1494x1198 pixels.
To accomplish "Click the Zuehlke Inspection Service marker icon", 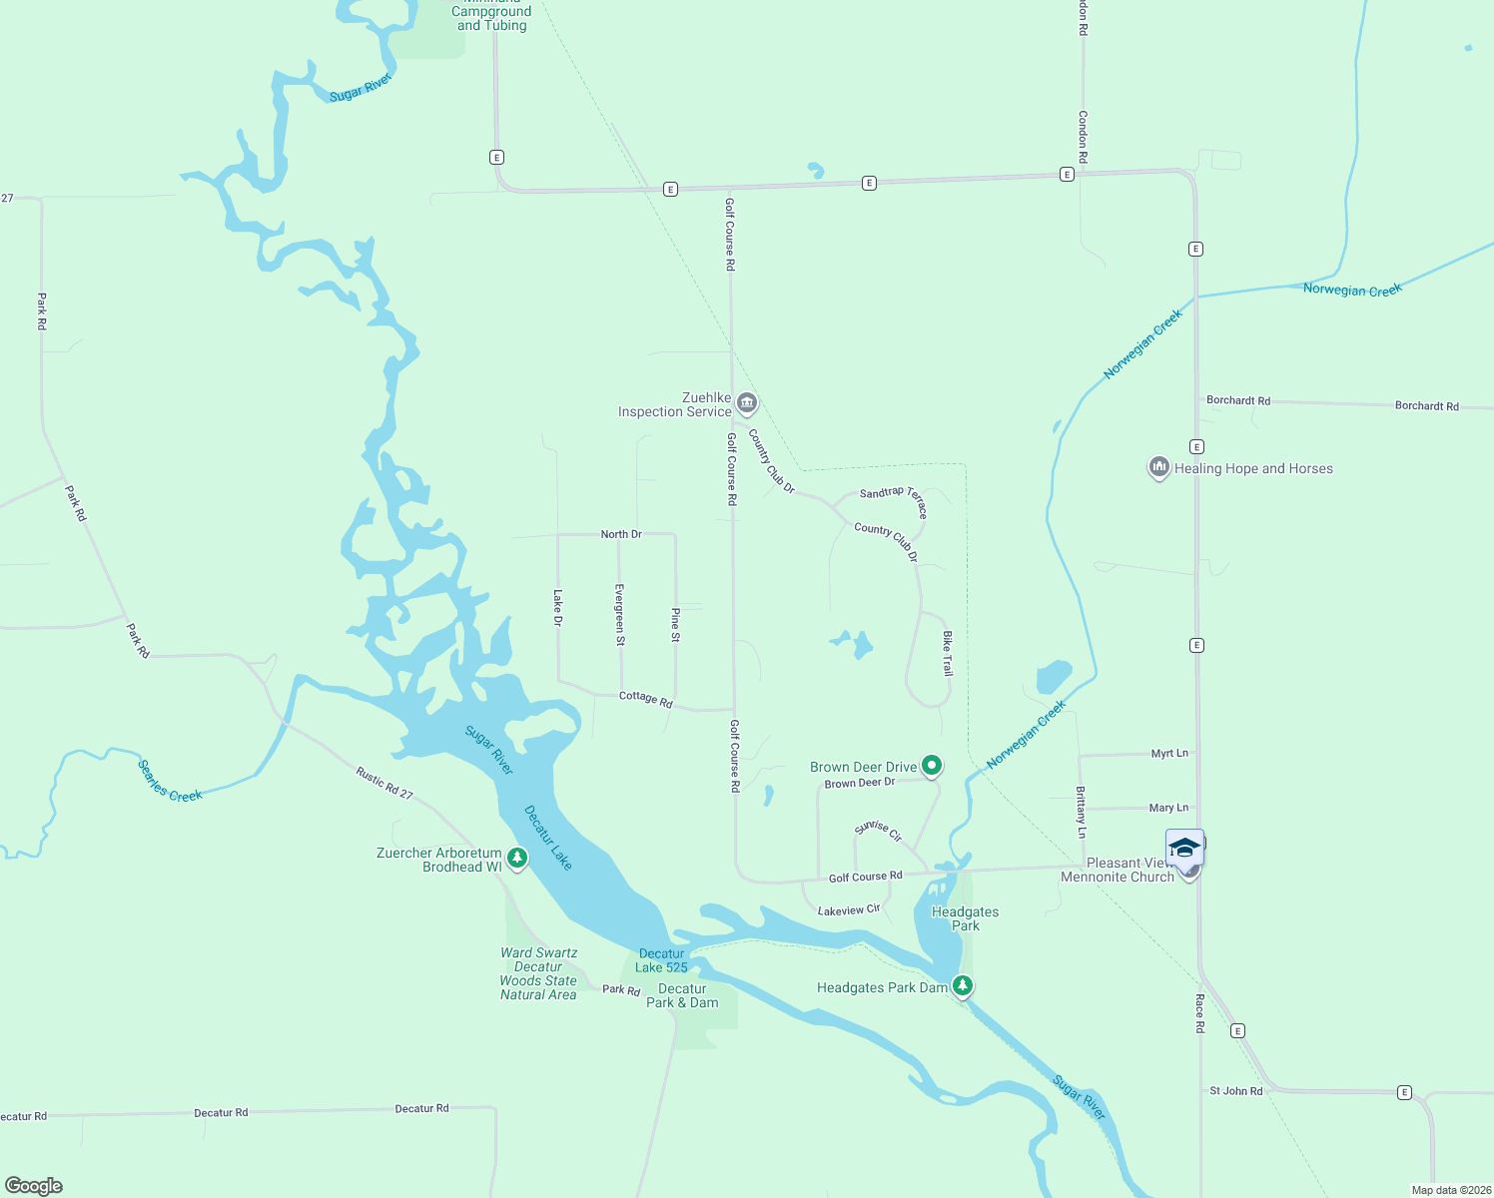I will [747, 403].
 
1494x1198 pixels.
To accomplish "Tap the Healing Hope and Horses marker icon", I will [1158, 467].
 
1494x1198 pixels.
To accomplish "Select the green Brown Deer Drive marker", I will [932, 766].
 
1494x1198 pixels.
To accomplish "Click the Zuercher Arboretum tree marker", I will [517, 858].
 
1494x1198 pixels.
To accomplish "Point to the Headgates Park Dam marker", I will [962, 986].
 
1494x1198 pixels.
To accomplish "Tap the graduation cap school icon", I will [1184, 849].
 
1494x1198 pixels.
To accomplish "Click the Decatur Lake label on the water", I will [548, 838].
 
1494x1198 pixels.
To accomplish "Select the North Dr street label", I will [621, 534].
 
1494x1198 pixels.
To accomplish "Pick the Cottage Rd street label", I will [646, 699].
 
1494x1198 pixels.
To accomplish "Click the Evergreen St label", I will [620, 615].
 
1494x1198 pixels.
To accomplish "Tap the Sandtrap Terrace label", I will [894, 500].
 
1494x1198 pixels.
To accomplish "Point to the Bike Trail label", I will [947, 654].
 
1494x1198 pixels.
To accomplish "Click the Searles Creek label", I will [170, 781].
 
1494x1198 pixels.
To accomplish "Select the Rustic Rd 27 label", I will [384, 783].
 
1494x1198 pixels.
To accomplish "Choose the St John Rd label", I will [1236, 1091].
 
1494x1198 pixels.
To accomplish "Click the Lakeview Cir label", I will [849, 910].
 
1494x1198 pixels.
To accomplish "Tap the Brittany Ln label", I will [1081, 812].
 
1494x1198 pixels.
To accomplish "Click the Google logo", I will [34, 1186].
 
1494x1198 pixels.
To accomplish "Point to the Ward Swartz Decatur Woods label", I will [538, 973].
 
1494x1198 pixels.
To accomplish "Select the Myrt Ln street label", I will [1169, 754].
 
